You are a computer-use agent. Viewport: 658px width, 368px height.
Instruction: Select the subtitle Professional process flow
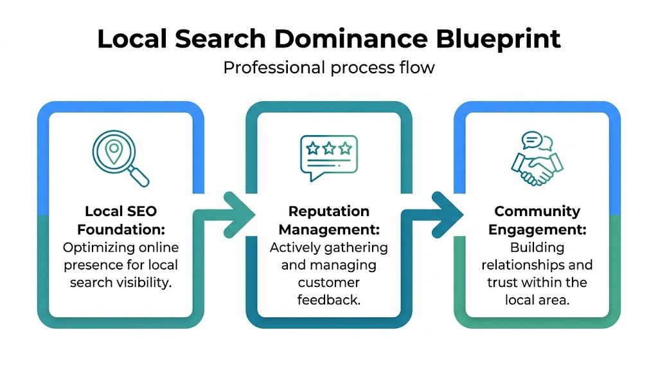(329, 68)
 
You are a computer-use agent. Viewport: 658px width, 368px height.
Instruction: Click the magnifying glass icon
(120, 158)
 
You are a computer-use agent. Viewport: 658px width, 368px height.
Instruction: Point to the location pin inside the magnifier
(114, 151)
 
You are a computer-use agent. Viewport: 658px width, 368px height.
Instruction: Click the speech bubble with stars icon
(329, 156)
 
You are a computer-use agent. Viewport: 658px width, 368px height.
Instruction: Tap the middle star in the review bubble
(329, 149)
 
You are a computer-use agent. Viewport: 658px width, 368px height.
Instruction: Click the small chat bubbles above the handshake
(537, 142)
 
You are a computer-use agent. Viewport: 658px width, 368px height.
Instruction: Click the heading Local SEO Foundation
(121, 221)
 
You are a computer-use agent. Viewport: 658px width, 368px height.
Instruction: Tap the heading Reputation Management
(329, 221)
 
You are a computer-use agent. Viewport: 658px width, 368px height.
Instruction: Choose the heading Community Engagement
(537, 221)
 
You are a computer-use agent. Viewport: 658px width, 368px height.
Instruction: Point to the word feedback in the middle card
(329, 300)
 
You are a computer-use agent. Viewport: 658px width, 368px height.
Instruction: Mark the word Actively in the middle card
(292, 248)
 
